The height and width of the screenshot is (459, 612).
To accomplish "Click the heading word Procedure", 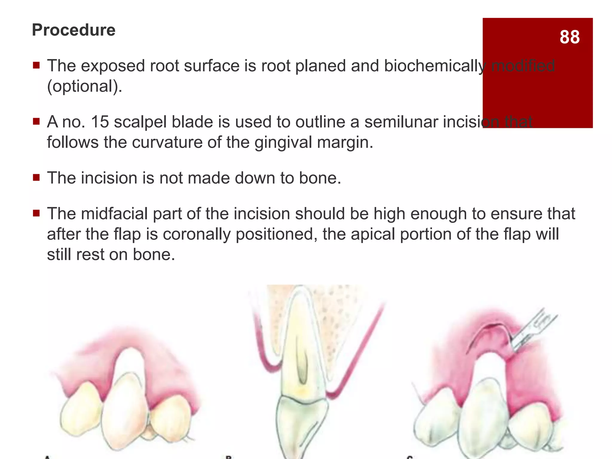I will (x=74, y=30).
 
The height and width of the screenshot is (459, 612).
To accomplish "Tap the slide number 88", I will (x=570, y=37).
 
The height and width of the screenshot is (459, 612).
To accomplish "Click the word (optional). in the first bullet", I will (x=85, y=86).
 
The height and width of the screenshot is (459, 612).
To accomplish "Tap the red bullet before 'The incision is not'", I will (x=36, y=178).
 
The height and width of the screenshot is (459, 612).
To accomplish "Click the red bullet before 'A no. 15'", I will (x=36, y=122).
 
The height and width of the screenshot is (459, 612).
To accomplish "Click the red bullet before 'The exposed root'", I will (x=36, y=65).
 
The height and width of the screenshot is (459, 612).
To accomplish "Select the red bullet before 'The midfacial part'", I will (x=36, y=214).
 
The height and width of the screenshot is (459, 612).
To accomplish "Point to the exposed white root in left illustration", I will (x=131, y=362).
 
